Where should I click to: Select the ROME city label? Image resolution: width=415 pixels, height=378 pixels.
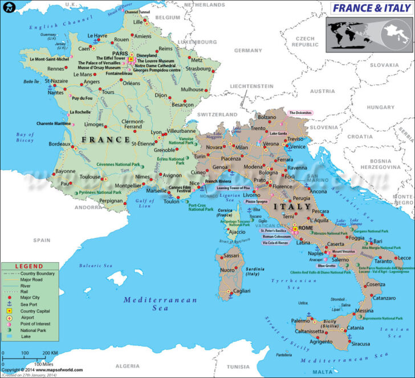click(x=306, y=228)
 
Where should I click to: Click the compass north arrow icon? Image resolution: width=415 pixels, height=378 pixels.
click(x=8, y=7)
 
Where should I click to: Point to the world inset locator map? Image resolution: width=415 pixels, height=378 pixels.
click(x=368, y=34)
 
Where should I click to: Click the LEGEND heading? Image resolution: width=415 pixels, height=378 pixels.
click(x=29, y=266)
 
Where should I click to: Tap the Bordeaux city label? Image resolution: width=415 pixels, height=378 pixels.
click(x=59, y=144)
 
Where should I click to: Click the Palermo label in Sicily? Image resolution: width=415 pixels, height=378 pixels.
click(x=300, y=321)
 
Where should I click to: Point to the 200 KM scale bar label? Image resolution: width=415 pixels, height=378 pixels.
click(x=50, y=353)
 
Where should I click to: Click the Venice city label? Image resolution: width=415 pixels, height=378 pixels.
click(x=299, y=147)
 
